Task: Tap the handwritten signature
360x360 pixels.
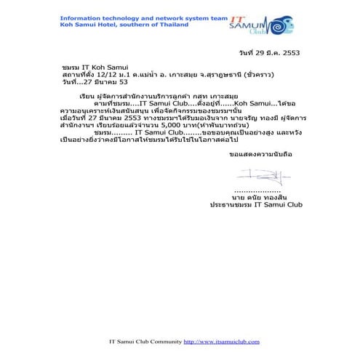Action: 256,175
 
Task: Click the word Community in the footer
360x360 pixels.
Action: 162,341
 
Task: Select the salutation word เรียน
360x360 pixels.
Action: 86,95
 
